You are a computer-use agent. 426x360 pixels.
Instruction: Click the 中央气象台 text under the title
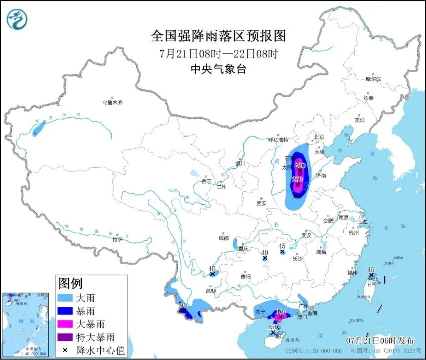[x=218, y=70]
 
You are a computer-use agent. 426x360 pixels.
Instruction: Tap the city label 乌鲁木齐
[x=112, y=102]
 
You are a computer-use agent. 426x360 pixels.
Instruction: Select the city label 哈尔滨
[x=373, y=79]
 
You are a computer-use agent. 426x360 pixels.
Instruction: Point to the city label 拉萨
[x=117, y=240]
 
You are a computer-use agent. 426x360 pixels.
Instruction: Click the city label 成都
[x=223, y=238]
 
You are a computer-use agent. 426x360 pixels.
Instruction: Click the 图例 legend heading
[x=70, y=284]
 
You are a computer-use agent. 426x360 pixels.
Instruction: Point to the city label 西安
[x=261, y=203]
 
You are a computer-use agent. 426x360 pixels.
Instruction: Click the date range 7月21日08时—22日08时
[x=218, y=53]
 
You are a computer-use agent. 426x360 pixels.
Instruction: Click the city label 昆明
[x=210, y=291]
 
